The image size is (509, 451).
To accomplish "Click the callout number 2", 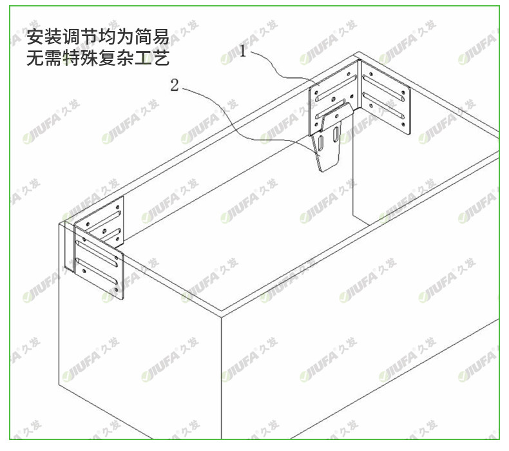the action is click(174, 85).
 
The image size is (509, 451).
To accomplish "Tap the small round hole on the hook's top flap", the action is click(336, 115).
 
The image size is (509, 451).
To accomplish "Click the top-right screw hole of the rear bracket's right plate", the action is click(403, 91).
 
